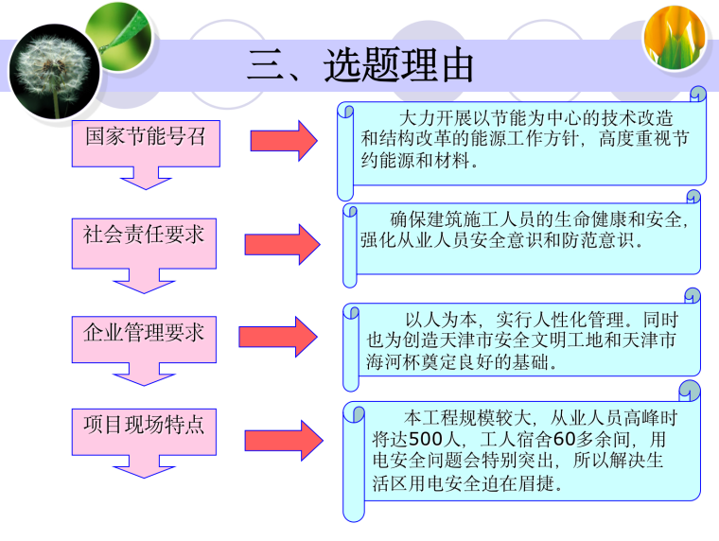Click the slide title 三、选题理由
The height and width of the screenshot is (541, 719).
click(360, 66)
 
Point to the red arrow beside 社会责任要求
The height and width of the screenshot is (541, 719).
click(283, 243)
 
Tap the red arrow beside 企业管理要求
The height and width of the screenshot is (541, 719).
click(279, 337)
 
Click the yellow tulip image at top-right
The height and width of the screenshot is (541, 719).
click(674, 39)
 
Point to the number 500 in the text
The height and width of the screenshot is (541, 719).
click(427, 439)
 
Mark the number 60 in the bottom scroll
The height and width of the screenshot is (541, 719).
click(564, 439)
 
